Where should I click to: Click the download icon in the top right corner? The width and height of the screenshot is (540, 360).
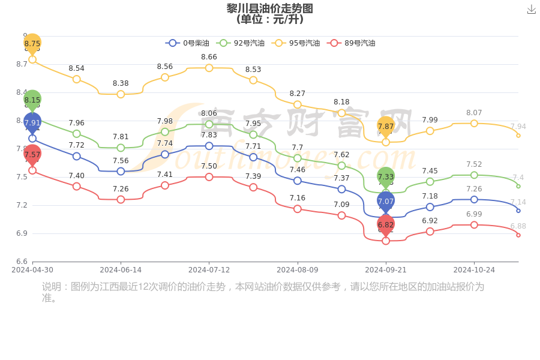coord(531,9)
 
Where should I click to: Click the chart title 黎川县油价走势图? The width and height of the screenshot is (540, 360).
coord(270,8)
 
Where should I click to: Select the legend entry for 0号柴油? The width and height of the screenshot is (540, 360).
coord(188,43)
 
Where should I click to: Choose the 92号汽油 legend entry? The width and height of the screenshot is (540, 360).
coord(241,43)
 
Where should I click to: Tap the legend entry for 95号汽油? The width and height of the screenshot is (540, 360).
coord(296,43)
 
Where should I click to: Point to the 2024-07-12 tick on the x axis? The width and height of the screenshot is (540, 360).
coord(209,270)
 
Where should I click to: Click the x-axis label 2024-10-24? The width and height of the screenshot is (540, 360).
coord(474,270)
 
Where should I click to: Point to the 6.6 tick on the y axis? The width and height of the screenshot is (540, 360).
coord(21,262)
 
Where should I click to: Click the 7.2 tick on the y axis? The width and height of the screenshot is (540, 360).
coord(21,205)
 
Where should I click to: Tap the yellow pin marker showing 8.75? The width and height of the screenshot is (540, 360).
coord(32,44)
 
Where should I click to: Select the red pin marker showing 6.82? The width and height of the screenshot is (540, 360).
coord(386,225)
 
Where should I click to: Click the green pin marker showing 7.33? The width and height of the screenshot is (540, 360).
coord(386,176)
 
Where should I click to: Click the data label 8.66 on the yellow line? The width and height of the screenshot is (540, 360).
coord(209,57)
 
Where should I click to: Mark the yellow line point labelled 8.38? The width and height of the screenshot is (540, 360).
coord(121,94)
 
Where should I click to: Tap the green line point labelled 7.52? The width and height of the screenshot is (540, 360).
coord(474,175)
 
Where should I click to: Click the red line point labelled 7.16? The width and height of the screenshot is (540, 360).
coord(298,209)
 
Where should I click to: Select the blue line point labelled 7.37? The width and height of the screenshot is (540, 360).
coord(341,189)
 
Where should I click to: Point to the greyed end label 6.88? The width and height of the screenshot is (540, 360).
coord(518,226)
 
